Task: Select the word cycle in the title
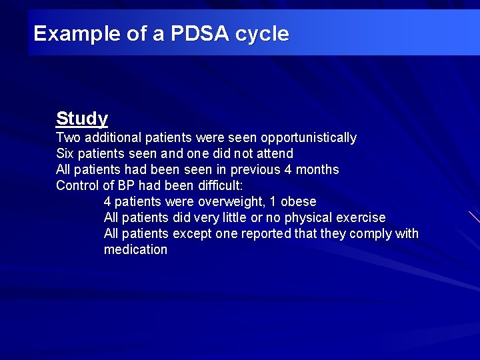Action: coord(262,33)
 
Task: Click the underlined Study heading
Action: coord(82,119)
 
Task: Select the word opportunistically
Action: coord(309,138)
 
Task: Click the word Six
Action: coord(65,154)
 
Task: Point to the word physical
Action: coord(308,218)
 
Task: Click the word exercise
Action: coord(361,218)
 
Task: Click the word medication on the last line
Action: coord(135,250)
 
